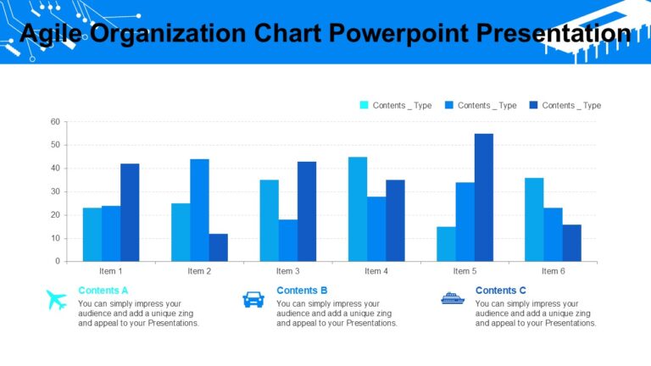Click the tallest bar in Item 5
[483, 197]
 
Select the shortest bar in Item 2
[218, 247]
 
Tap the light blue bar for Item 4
[358, 208]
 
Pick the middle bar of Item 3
[287, 240]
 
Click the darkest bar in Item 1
[130, 212]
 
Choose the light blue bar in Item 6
[534, 219]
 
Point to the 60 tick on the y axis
[55, 122]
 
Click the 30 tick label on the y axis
[55, 191]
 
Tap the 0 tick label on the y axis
[58, 261]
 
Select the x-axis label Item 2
[199, 271]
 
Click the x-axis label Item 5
[465, 271]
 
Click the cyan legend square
[364, 105]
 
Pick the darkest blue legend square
[533, 105]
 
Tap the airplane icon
[57, 299]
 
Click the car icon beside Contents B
[253, 299]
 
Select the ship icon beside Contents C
[453, 298]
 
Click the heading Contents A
[103, 291]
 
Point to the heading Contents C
[500, 291]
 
